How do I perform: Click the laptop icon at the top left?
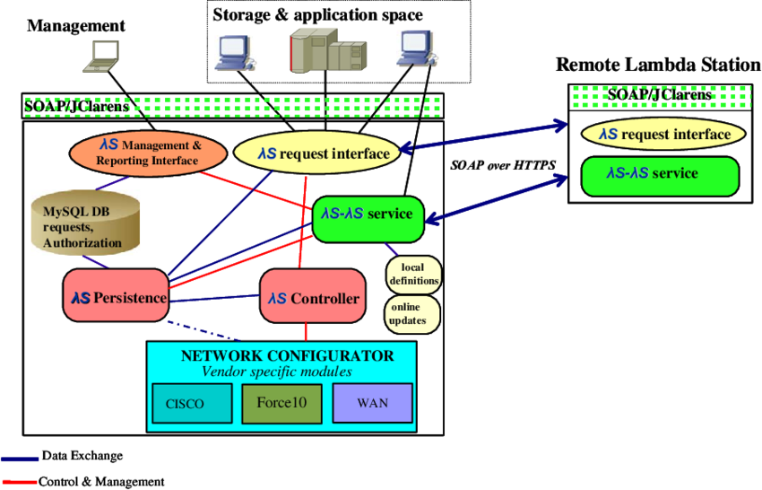click(101, 56)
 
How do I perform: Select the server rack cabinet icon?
click(327, 49)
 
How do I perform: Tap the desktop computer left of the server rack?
click(235, 53)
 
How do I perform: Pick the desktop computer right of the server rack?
click(418, 48)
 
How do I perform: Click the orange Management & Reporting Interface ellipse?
click(148, 153)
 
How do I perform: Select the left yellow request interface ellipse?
click(316, 153)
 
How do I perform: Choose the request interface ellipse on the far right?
click(664, 135)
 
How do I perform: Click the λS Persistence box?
click(117, 296)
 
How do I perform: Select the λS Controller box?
click(314, 297)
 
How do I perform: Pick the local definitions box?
click(413, 275)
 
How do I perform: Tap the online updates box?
click(408, 313)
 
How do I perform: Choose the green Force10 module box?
click(281, 403)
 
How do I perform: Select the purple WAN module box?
click(372, 403)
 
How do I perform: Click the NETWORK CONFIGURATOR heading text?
click(287, 355)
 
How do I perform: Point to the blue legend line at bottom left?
click(20, 459)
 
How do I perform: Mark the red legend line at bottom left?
click(20, 482)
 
